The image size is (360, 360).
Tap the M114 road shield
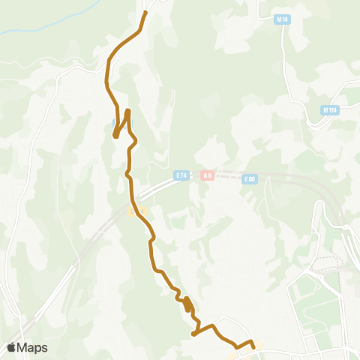328,110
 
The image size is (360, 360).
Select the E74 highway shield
181,175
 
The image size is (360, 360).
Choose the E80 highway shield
250,179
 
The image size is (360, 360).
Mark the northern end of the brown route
145,13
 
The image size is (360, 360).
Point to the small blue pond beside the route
114,121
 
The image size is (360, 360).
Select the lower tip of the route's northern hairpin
115,136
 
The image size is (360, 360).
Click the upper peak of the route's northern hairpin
128,112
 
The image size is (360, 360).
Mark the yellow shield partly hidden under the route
132,211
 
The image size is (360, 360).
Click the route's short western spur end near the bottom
193,334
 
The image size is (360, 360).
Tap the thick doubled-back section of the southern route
187,304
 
